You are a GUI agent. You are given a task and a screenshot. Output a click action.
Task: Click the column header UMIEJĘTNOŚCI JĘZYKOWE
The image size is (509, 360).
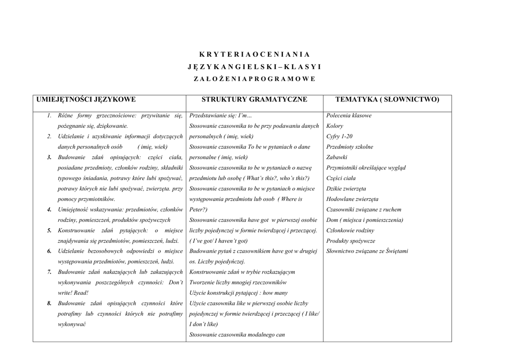pyautogui.click(x=86, y=100)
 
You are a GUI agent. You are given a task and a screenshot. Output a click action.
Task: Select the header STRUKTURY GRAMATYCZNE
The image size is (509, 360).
pyautogui.click(x=254, y=100)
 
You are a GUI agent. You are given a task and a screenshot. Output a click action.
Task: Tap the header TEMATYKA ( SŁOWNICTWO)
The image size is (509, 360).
pyautogui.click(x=388, y=100)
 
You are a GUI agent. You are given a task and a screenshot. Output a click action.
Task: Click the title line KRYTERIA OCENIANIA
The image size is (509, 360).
pyautogui.click(x=254, y=54)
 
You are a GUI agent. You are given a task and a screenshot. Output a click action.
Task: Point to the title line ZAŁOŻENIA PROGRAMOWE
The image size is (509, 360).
pyautogui.click(x=254, y=79)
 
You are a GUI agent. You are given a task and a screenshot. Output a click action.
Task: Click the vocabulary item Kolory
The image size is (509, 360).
pyautogui.click(x=335, y=126)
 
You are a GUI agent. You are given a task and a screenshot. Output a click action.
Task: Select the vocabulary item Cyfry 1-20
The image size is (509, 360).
pyautogui.click(x=339, y=137)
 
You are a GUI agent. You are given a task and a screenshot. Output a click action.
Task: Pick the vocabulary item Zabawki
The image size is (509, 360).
pyautogui.click(x=337, y=158)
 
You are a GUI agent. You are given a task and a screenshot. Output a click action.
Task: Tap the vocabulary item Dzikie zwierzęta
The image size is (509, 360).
pyautogui.click(x=346, y=189)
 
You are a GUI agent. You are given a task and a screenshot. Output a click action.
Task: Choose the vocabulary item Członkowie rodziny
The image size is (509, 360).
pyautogui.click(x=350, y=231)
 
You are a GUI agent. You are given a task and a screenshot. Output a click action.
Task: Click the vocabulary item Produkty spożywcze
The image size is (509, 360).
pyautogui.click(x=351, y=241)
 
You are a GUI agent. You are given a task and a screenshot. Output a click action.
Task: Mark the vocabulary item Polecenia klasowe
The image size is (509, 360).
pyautogui.click(x=349, y=116)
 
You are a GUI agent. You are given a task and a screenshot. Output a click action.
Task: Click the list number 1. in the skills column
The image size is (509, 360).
pyautogui.click(x=49, y=116)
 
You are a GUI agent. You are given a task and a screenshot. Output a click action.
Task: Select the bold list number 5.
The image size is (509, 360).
pyautogui.click(x=49, y=231)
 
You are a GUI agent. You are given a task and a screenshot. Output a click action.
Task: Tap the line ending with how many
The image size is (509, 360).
pyautogui.click(x=239, y=293)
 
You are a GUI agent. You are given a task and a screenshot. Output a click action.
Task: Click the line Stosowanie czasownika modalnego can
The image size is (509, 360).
pyautogui.click(x=237, y=335)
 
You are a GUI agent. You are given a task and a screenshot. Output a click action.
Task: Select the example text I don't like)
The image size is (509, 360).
pyautogui.click(x=204, y=325)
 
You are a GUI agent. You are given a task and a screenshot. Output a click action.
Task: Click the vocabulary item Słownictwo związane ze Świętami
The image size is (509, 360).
pyautogui.click(x=367, y=252)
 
